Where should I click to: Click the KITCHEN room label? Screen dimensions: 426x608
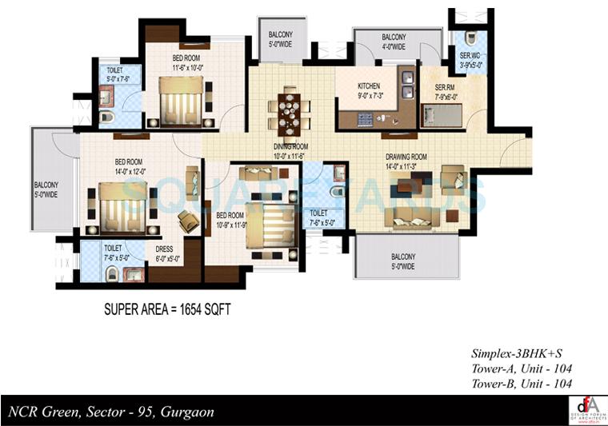tap(369, 86)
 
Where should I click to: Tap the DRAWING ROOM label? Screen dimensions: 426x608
tap(406, 157)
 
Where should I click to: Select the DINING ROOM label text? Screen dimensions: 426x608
tap(290, 146)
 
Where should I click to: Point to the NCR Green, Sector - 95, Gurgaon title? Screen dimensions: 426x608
tap(111, 412)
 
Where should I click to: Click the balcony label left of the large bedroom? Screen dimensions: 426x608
tap(46, 189)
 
